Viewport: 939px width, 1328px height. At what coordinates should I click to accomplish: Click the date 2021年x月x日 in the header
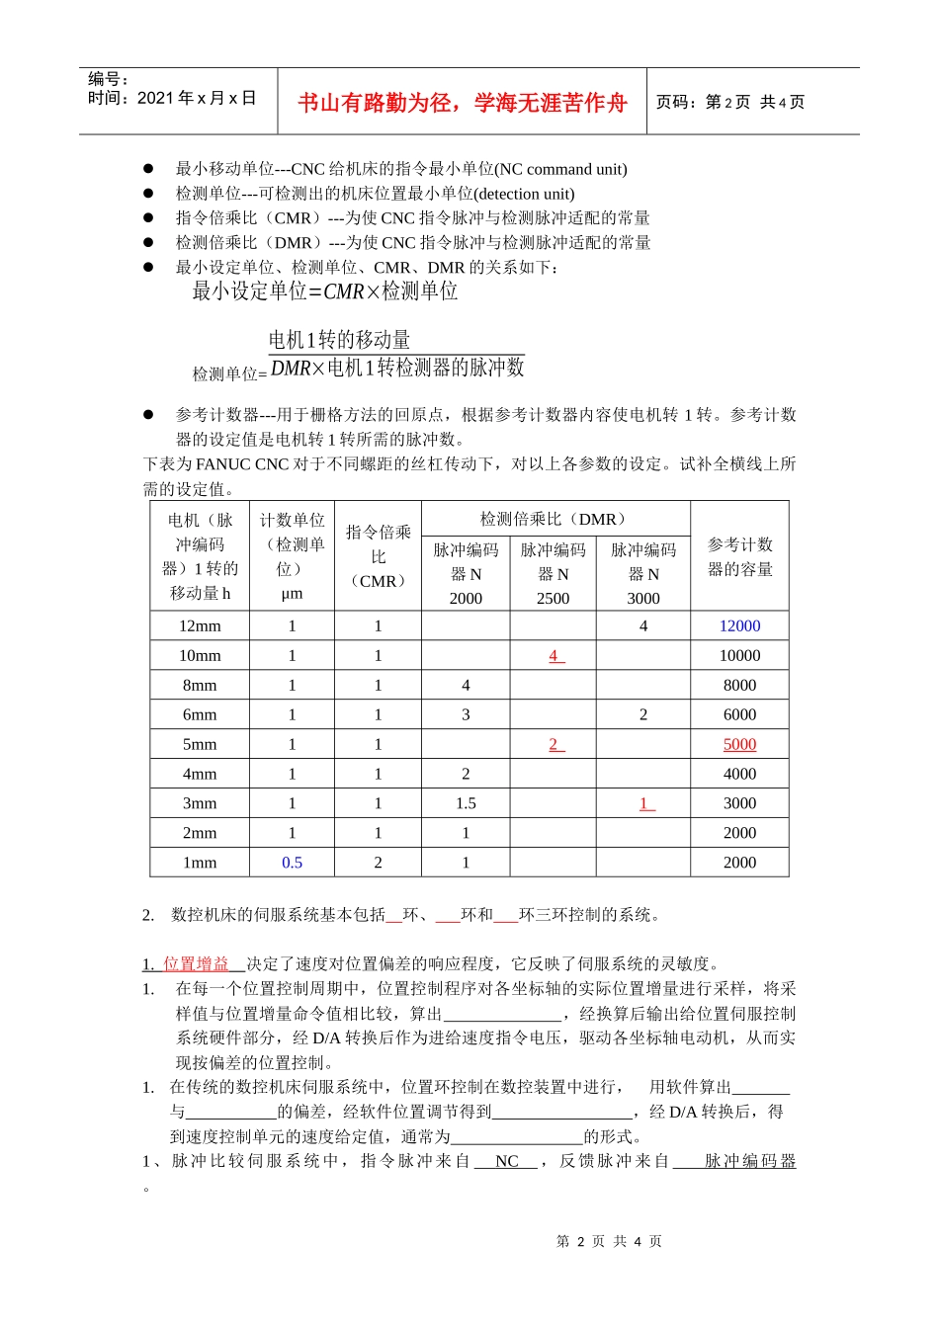pyautogui.click(x=197, y=98)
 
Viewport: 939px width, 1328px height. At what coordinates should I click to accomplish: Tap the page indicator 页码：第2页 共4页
pyautogui.click(x=729, y=102)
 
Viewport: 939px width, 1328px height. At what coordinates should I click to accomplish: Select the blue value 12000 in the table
pyautogui.click(x=739, y=625)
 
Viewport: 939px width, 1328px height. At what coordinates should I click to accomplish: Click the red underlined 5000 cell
pyautogui.click(x=739, y=744)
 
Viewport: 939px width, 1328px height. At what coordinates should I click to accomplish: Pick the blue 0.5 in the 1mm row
pyautogui.click(x=292, y=863)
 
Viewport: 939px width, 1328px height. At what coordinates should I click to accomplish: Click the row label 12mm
pyautogui.click(x=200, y=625)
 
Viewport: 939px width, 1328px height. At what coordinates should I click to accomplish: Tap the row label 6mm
pyautogui.click(x=200, y=714)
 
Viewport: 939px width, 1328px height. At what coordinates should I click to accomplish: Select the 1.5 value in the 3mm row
pyautogui.click(x=466, y=803)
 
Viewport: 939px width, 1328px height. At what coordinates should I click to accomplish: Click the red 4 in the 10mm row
pyautogui.click(x=555, y=655)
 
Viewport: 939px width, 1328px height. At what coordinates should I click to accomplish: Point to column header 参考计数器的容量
pyautogui.click(x=739, y=556)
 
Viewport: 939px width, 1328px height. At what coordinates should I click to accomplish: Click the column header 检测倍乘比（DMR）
pyautogui.click(x=555, y=519)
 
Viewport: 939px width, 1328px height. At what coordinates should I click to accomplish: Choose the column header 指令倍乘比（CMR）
pyautogui.click(x=378, y=556)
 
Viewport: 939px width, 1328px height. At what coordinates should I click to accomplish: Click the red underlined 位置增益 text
pyautogui.click(x=196, y=963)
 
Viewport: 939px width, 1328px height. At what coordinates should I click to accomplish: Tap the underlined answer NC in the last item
pyautogui.click(x=506, y=1161)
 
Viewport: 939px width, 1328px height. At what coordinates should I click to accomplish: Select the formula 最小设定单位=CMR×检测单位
pyautogui.click(x=324, y=291)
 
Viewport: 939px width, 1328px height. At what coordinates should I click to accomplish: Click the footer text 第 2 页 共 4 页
pyautogui.click(x=609, y=1241)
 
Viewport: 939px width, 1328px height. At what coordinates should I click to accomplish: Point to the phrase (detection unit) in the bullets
pyautogui.click(x=524, y=194)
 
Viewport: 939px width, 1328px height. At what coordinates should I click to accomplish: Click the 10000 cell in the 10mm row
pyautogui.click(x=739, y=655)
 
